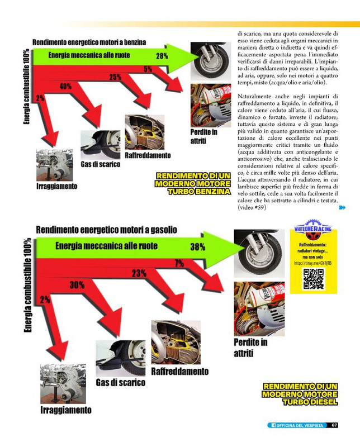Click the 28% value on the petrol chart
click(162, 56)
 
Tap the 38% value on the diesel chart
click(197, 247)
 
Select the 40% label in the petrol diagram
click(65, 86)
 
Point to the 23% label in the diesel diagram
click(139, 273)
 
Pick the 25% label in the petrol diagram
click(115, 77)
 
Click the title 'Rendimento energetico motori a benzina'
click(89, 42)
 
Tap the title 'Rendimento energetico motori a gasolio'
click(106, 230)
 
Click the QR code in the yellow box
click(314, 279)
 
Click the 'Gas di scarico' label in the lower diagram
click(120, 382)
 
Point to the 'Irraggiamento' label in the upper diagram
click(56, 186)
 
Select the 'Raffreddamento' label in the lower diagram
click(180, 371)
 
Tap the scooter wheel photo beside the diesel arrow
click(259, 253)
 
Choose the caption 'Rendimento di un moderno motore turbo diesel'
click(300, 394)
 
